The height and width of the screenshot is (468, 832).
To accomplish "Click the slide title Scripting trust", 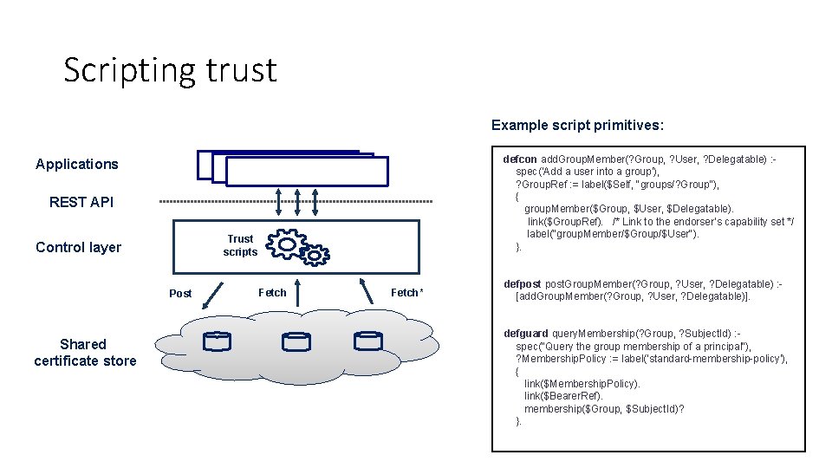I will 170,69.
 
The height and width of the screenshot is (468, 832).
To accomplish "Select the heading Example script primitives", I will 577,125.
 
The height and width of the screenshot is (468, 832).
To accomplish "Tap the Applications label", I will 77,164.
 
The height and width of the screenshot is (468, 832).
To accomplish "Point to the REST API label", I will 81,202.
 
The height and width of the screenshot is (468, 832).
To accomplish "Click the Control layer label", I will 78,247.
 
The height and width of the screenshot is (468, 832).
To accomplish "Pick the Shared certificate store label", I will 85,352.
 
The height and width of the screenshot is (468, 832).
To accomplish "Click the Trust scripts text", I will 240,245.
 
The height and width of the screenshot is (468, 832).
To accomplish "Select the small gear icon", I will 315,253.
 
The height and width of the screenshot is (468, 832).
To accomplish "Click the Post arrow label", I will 180,293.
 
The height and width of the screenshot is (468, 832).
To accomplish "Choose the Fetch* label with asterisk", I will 406,292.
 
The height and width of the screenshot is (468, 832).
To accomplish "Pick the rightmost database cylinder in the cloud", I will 367,341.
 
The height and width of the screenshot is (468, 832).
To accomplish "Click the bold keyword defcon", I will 520,159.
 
